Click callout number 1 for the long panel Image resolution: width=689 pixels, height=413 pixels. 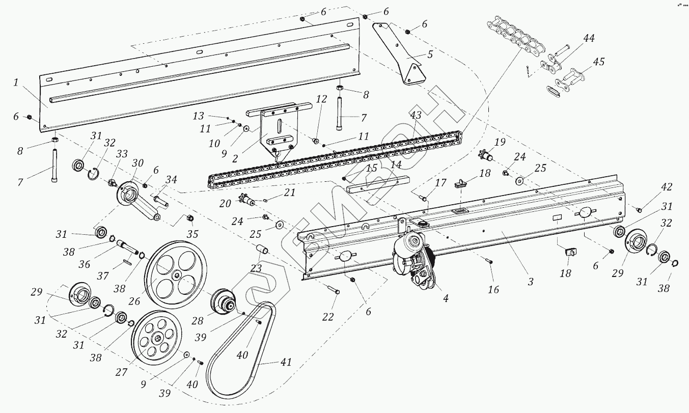(16, 82)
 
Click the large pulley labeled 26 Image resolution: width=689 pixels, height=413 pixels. (176, 276)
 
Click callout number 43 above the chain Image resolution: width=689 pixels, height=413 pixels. (416, 116)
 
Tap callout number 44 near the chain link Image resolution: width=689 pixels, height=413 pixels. (589, 39)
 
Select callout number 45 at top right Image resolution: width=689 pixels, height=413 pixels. (599, 62)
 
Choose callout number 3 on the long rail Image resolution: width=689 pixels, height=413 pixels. (531, 282)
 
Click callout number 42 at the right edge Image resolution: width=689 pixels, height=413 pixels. (667, 187)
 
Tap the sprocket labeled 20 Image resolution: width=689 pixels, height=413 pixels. (247, 202)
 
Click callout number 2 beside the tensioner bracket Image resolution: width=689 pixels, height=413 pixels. (235, 158)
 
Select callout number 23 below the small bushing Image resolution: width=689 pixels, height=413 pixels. (256, 268)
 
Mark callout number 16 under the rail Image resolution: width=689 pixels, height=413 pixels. (492, 290)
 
